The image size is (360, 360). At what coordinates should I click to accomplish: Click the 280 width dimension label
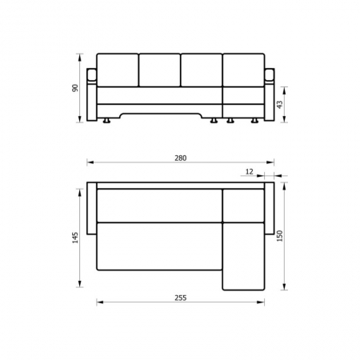[x=181, y=158]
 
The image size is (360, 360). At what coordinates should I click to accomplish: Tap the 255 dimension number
[x=181, y=298]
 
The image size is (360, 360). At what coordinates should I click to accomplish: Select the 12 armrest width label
[x=249, y=172]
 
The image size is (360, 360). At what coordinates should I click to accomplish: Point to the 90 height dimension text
[x=75, y=88]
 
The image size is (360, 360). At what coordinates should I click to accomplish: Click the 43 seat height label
[x=279, y=105]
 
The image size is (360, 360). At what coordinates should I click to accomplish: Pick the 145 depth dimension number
[x=75, y=238]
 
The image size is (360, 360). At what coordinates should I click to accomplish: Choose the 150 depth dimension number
[x=279, y=236]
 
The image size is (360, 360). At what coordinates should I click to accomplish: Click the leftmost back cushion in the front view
[x=118, y=70]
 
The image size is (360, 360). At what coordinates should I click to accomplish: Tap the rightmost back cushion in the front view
[x=243, y=70]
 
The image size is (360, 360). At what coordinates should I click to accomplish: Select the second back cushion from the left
[x=159, y=70]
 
